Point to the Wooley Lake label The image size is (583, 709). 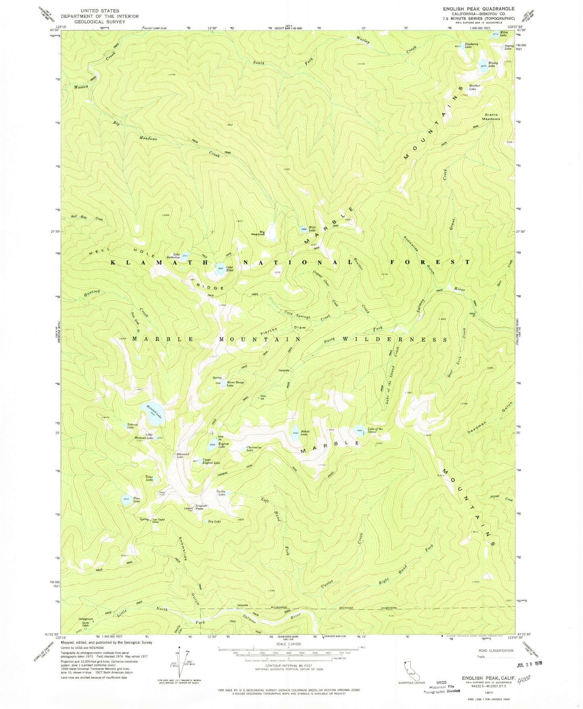(x=493, y=65)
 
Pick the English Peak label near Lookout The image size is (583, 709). (x=201, y=507)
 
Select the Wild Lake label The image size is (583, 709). (x=312, y=229)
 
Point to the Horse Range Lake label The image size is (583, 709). (x=236, y=384)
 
